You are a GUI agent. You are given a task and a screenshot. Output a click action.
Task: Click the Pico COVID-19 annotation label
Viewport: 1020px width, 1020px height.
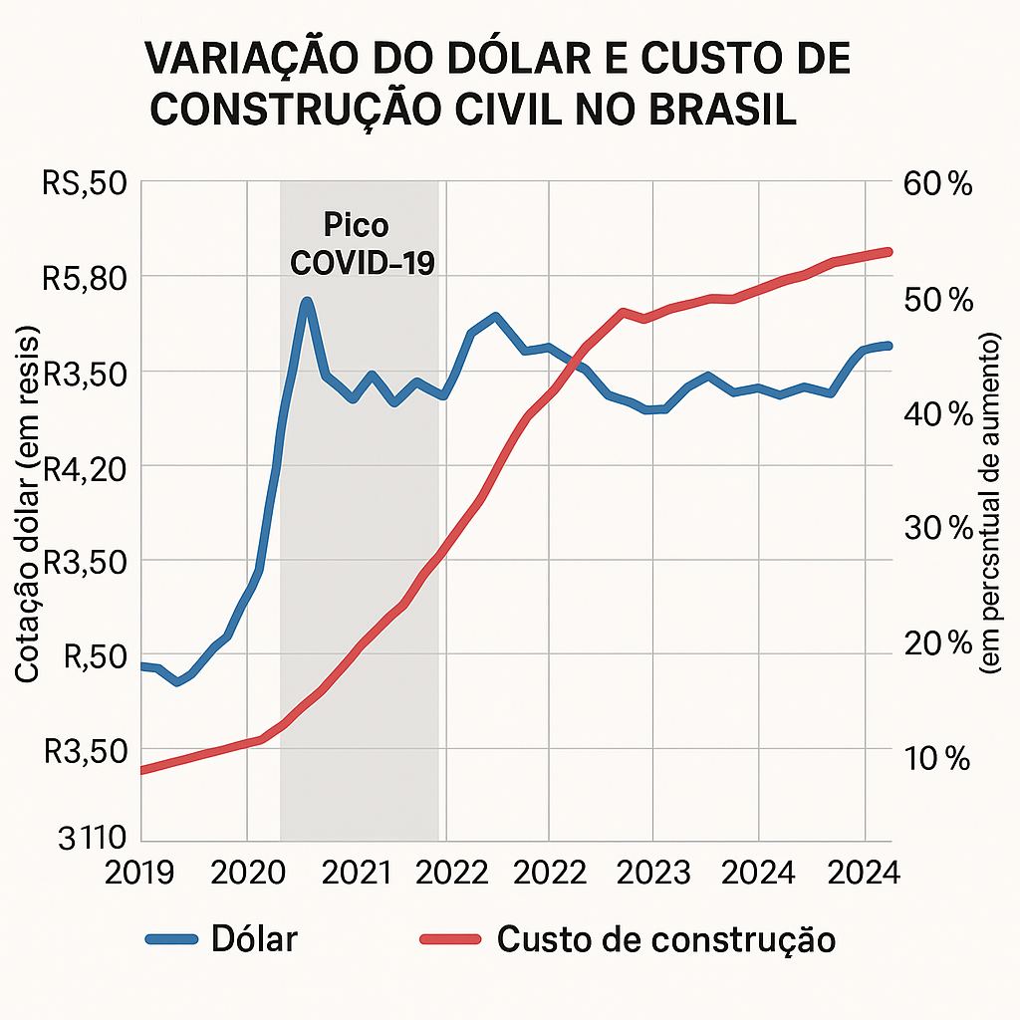tap(362, 244)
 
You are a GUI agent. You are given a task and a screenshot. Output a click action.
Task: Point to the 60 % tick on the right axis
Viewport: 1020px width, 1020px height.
tap(935, 184)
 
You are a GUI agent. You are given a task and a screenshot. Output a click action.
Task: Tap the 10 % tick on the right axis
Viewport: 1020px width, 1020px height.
tap(935, 759)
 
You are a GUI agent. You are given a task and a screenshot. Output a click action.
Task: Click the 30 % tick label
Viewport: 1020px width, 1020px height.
tap(935, 529)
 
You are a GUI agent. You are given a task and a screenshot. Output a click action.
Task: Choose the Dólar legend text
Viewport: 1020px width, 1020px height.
tap(254, 938)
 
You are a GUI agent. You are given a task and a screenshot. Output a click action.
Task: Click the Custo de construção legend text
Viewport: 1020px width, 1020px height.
tap(665, 938)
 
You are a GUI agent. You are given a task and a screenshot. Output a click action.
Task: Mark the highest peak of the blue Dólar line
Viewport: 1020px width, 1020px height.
tap(307, 301)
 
